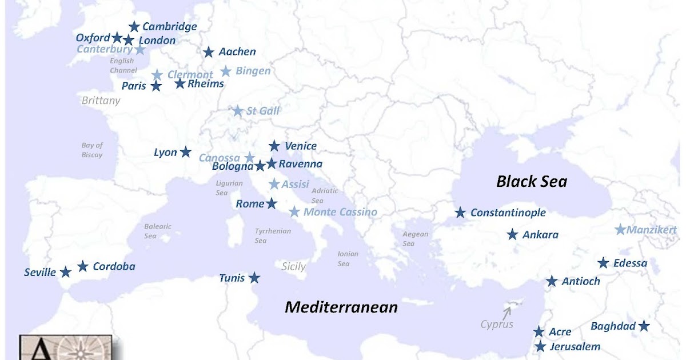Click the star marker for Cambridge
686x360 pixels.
tap(134, 26)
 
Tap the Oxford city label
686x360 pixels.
tap(93, 38)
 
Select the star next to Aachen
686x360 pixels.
tap(209, 52)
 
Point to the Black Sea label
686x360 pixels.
tap(532, 181)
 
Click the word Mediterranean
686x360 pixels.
tap(341, 307)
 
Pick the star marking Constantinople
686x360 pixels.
tap(460, 213)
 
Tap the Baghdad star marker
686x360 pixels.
tap(644, 326)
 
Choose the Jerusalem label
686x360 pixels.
tap(575, 346)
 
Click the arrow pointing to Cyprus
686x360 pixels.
tap(507, 311)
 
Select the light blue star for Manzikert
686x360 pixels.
tap(620, 230)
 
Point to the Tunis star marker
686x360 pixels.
tap(254, 278)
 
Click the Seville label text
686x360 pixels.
tap(40, 273)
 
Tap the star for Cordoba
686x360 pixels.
tap(83, 266)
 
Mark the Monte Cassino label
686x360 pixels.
tap(340, 212)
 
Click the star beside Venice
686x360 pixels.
tap(274, 146)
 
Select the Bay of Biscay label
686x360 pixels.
tap(91, 150)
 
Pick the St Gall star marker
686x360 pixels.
tap(237, 111)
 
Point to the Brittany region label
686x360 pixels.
tap(101, 101)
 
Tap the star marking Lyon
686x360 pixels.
tap(186, 152)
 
